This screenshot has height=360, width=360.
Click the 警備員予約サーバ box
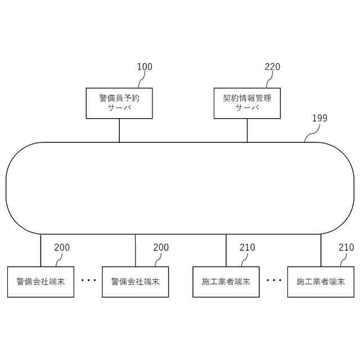click(x=119, y=103)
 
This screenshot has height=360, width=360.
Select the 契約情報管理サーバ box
click(x=247, y=103)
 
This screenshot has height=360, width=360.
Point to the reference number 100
click(x=145, y=67)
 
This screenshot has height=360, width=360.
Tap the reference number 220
click(x=272, y=67)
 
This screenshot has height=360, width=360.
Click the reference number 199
click(x=319, y=118)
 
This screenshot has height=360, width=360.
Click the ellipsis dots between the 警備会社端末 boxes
click(x=88, y=280)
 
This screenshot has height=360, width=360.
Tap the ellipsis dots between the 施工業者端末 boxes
click(x=273, y=280)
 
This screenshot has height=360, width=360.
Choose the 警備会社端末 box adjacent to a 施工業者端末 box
click(x=135, y=281)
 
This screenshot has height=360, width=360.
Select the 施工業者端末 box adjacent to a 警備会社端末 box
click(x=226, y=281)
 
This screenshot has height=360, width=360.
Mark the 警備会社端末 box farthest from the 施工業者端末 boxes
click(x=40, y=281)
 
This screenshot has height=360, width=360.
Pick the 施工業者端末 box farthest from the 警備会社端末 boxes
click(x=321, y=281)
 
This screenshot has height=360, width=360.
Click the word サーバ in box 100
click(x=119, y=108)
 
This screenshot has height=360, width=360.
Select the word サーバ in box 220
click(x=247, y=108)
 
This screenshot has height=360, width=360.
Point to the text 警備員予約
click(x=119, y=98)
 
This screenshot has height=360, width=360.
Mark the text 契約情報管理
click(x=247, y=98)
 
